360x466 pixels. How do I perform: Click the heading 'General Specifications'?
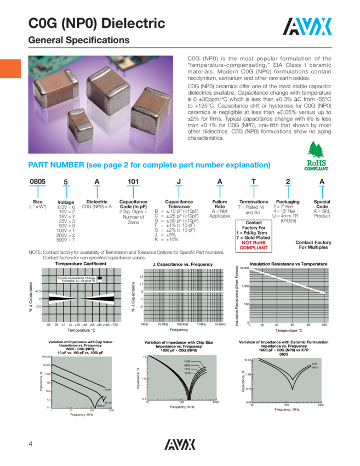[79, 41]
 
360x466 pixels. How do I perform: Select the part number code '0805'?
[37, 183]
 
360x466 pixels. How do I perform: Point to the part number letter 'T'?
[254, 183]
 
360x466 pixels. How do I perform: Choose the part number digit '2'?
[288, 183]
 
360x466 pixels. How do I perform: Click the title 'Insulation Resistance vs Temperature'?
[289, 264]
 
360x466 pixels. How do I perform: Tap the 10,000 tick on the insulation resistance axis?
[242, 269]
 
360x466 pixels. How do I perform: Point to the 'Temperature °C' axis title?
[289, 331]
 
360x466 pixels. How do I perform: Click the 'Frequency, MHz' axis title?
[286, 410]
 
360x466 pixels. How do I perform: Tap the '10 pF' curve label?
[107, 390]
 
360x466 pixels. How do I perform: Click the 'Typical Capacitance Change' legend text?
[76, 279]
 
